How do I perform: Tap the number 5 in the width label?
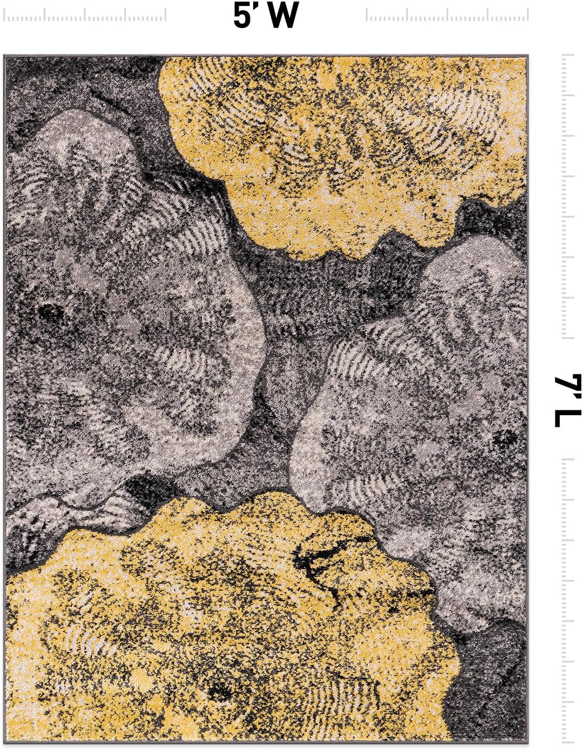(x=242, y=15)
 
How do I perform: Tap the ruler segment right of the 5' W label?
(x=447, y=16)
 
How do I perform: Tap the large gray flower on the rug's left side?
(x=127, y=320)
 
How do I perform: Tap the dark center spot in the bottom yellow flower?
(x=221, y=689)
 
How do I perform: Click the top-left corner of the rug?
(x=5, y=56)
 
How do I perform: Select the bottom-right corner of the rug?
(x=527, y=741)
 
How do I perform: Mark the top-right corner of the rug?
(x=527, y=56)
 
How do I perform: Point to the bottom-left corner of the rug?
(x=5, y=741)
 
